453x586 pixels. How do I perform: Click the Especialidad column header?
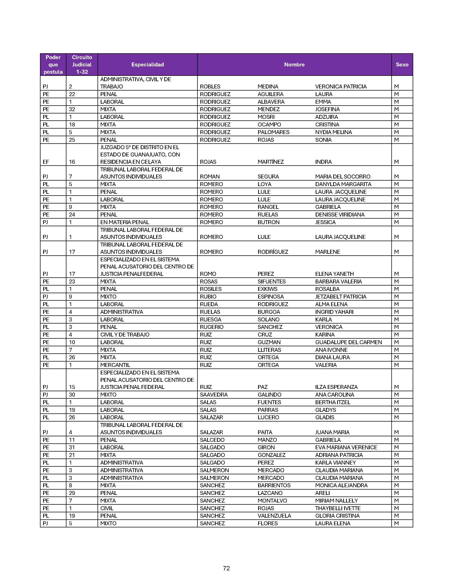147,65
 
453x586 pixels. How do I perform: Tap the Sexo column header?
402,65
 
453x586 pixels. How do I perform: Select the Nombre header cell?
294,65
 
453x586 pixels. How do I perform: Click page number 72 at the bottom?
226,568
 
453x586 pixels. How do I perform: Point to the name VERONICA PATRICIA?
341,87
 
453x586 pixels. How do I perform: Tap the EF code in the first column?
46,162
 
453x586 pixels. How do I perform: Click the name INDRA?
323,162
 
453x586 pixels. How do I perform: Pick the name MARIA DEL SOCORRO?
343,177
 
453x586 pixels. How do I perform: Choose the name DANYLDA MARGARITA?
343,184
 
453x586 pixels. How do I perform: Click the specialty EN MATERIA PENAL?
125,222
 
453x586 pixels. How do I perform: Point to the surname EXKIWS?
267,289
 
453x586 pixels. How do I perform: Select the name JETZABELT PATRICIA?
341,297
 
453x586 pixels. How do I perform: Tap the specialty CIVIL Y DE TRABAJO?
125,335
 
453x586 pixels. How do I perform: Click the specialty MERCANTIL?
115,365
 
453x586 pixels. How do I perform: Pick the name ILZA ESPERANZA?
336,387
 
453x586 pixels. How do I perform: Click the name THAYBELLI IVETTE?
338,508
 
